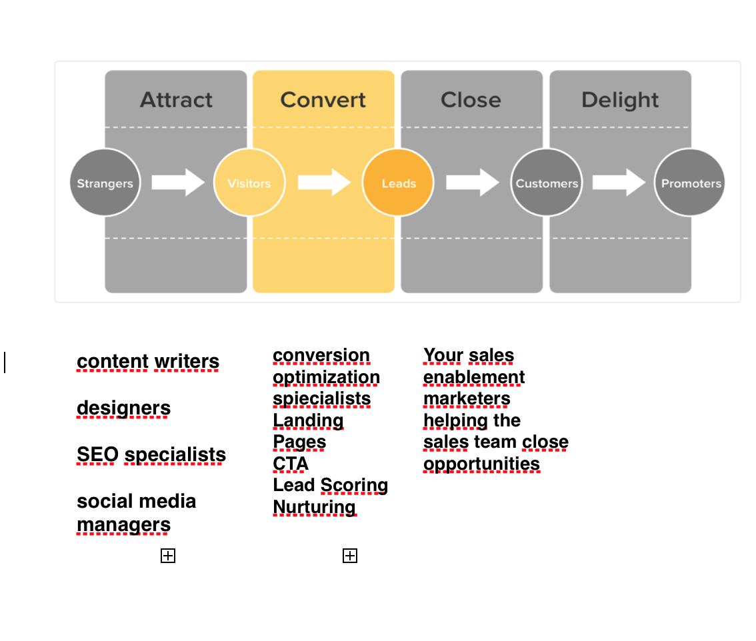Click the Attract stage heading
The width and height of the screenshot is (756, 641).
point(176,100)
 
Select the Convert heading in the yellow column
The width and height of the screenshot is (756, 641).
point(323,100)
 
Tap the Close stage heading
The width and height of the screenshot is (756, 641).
point(471,100)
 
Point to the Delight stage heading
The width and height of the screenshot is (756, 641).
point(620,100)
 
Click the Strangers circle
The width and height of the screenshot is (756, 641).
point(105,183)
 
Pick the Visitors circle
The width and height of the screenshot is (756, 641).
point(249,183)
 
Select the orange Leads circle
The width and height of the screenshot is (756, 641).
point(398,183)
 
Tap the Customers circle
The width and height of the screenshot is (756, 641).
point(547,183)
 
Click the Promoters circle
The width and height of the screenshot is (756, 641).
point(690,183)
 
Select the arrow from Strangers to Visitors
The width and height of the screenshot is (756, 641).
point(177,183)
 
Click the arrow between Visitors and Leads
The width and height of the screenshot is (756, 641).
point(324,183)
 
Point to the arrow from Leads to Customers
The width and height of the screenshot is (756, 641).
point(472,183)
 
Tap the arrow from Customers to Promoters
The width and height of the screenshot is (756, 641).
point(619,183)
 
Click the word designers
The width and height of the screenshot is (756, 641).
point(123,408)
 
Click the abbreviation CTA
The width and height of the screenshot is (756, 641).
point(291,463)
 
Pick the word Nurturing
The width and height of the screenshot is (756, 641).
point(315,507)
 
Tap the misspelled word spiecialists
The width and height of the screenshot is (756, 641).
point(321,398)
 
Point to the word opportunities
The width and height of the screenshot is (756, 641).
point(481,463)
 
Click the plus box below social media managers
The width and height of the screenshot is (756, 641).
point(168,556)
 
